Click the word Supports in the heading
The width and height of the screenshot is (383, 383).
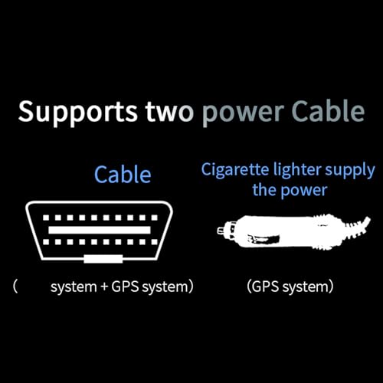(78, 113)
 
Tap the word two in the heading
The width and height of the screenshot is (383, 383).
(169, 112)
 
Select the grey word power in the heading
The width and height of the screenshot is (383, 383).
(243, 114)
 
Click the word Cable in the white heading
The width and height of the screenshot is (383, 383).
(328, 111)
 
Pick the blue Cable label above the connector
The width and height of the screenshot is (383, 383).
(123, 175)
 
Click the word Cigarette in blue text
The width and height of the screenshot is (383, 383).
(235, 171)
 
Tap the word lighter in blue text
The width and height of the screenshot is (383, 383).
(297, 171)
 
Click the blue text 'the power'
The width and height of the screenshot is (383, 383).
(290, 191)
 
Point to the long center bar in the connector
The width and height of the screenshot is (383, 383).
(100, 230)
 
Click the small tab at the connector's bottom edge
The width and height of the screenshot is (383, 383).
(103, 259)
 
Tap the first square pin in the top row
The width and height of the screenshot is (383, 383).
(46, 218)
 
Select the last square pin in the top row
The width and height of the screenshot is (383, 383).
(154, 218)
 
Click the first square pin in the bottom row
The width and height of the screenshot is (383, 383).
(46, 242)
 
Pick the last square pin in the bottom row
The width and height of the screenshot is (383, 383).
(154, 242)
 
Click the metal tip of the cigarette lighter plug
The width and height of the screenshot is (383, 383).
(221, 231)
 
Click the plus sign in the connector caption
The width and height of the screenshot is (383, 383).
(104, 287)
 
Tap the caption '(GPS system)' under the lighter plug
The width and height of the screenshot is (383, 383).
(290, 286)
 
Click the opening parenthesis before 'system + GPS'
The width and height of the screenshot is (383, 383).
(15, 286)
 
